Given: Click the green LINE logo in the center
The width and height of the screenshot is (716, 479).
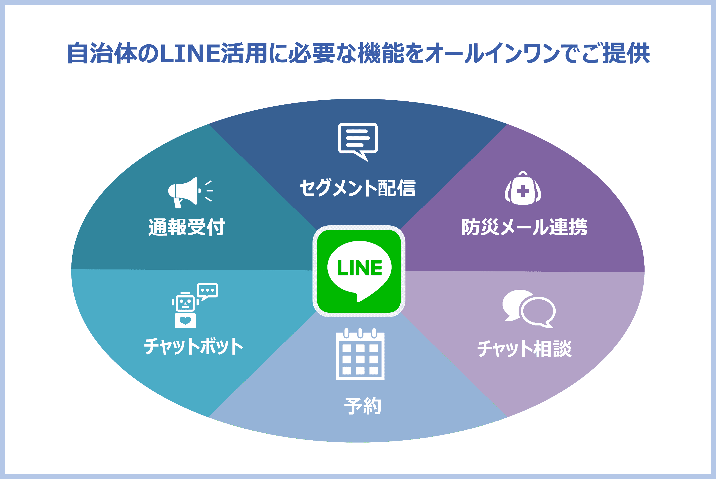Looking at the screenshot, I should (359, 271).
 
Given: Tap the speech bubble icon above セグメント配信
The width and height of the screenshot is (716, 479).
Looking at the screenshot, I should (358, 140).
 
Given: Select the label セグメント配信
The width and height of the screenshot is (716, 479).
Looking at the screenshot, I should (358, 188).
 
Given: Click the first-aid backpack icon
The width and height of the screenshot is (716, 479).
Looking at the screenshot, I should (523, 189).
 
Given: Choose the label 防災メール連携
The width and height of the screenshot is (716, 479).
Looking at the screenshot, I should (524, 227).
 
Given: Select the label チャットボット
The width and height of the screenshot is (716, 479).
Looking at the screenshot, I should (194, 346).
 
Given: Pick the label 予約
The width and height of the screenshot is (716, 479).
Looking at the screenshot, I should (363, 406).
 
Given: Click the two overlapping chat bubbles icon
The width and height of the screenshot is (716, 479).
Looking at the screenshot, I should (528, 309).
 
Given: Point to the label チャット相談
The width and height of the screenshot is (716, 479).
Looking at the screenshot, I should (524, 349).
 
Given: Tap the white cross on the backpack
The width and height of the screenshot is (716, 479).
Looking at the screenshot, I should (523, 191).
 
